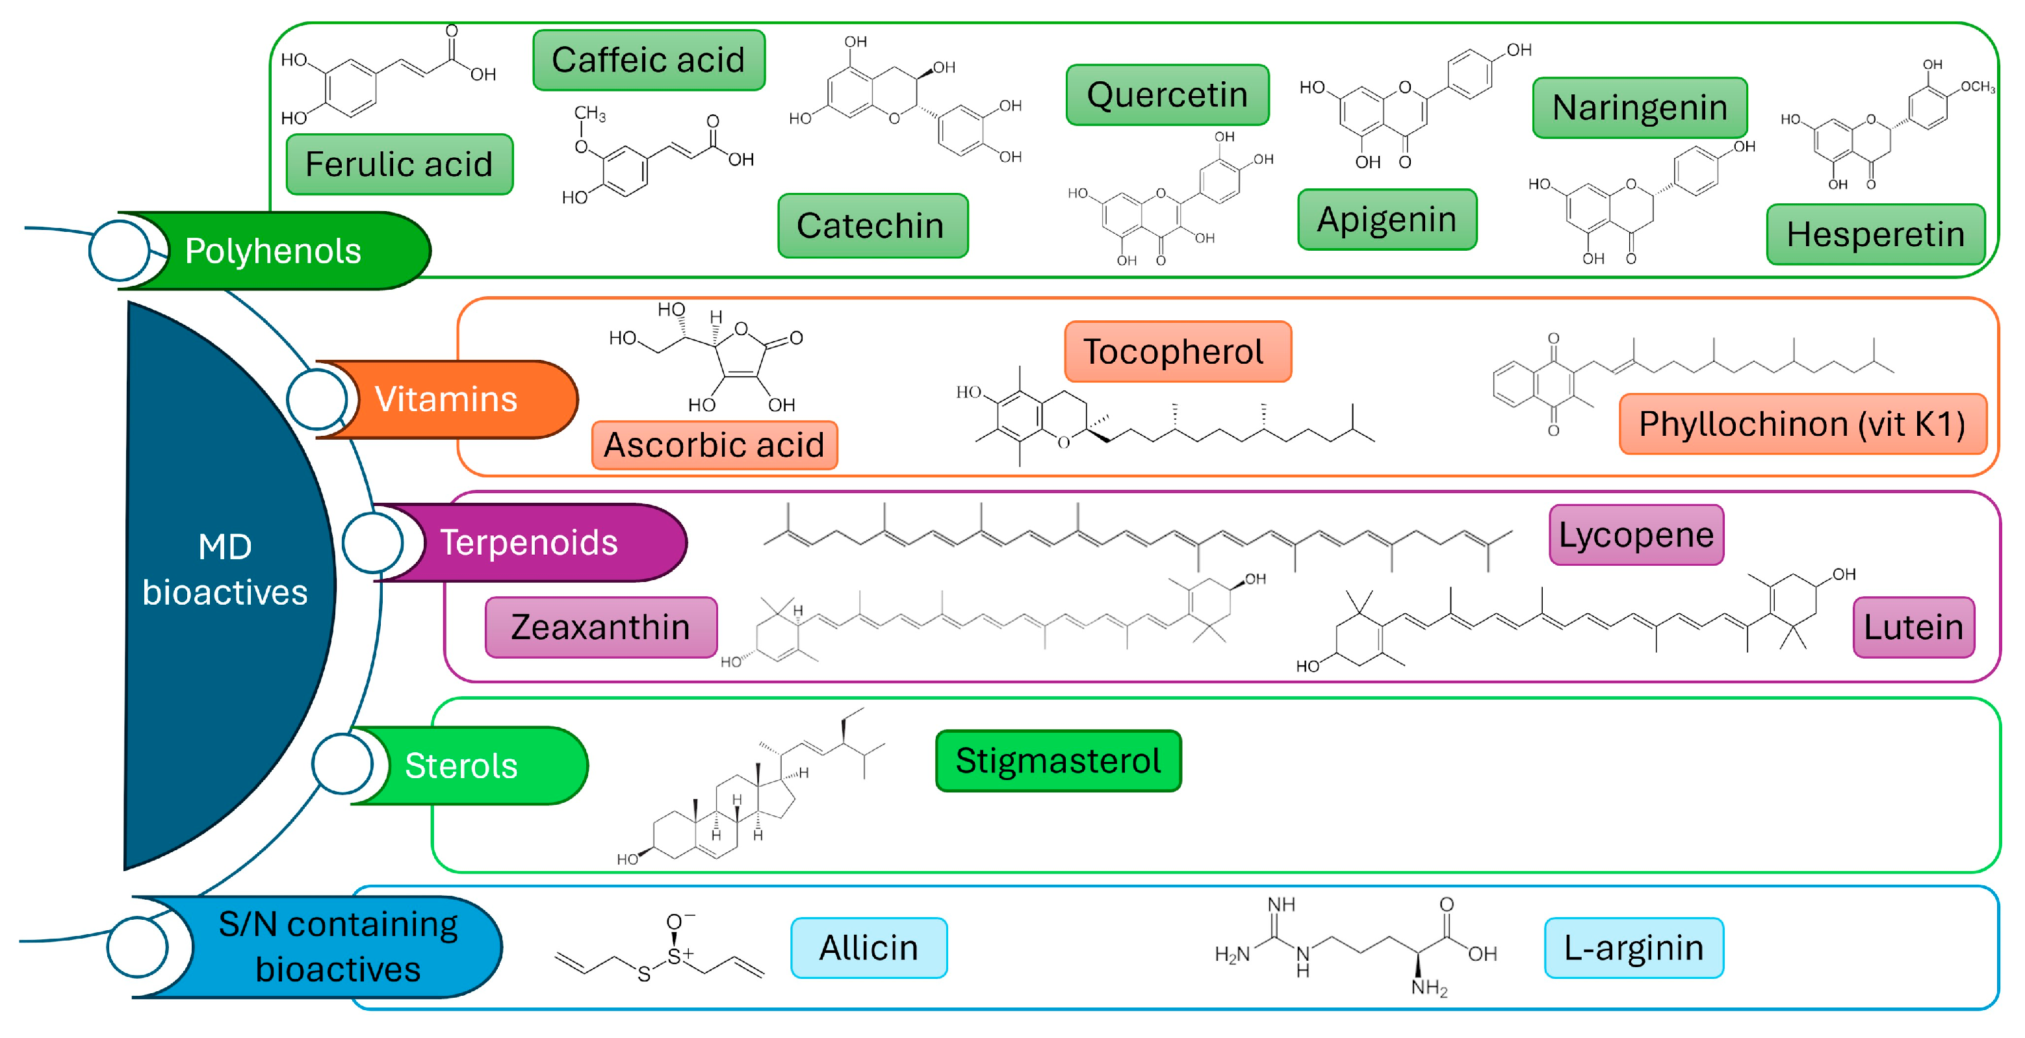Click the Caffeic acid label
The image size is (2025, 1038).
(x=648, y=60)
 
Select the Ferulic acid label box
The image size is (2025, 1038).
(x=399, y=164)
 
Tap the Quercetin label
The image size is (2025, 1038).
(x=1167, y=95)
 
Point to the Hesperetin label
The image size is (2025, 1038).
(x=1875, y=234)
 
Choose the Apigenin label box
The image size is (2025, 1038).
(x=1387, y=220)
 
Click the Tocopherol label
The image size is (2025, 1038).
(x=1177, y=351)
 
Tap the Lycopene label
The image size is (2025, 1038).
(x=1636, y=535)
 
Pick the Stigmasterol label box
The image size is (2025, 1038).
(x=1058, y=761)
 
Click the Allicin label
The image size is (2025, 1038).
(x=869, y=948)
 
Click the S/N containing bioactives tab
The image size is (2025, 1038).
(x=338, y=947)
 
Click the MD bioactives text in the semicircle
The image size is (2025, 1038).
(x=225, y=570)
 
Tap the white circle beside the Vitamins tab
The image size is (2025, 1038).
(x=316, y=399)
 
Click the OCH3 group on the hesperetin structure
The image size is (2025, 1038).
(x=1977, y=87)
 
